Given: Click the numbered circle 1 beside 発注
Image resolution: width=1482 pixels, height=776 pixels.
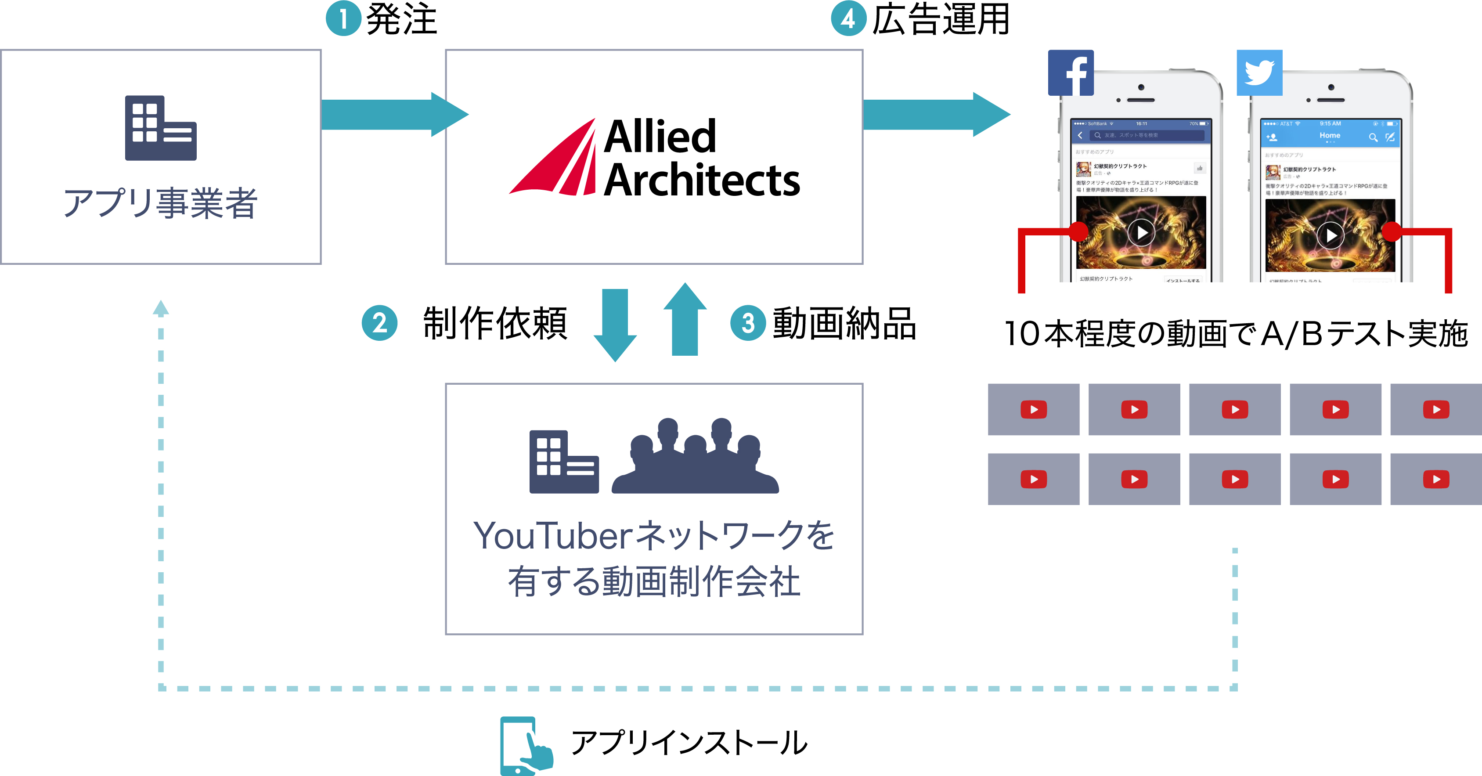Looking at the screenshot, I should (x=343, y=18).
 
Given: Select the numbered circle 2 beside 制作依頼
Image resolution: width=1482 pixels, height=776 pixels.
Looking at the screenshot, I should (x=379, y=323).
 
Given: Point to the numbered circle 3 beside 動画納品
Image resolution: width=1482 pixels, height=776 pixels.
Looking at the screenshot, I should (x=748, y=323).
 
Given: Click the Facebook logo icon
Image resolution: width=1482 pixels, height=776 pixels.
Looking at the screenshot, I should (x=1071, y=73).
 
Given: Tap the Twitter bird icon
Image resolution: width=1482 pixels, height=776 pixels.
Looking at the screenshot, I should (x=1259, y=73).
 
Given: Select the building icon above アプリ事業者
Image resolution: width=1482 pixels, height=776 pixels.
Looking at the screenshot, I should (x=161, y=128).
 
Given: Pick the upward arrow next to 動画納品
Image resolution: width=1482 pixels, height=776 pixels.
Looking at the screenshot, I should (x=685, y=320).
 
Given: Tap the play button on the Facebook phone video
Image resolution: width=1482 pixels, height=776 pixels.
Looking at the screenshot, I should (x=1141, y=232).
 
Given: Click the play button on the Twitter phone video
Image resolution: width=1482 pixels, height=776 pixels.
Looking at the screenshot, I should (x=1331, y=235).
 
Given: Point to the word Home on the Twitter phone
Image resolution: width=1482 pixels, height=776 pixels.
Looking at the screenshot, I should (x=1330, y=135).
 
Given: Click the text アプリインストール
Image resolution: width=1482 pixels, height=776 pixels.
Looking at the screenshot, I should (x=689, y=743).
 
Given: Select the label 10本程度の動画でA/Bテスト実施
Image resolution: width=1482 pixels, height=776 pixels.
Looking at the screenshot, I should (x=1236, y=334).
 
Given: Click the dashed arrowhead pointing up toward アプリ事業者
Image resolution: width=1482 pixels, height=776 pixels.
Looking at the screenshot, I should (x=161, y=308).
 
